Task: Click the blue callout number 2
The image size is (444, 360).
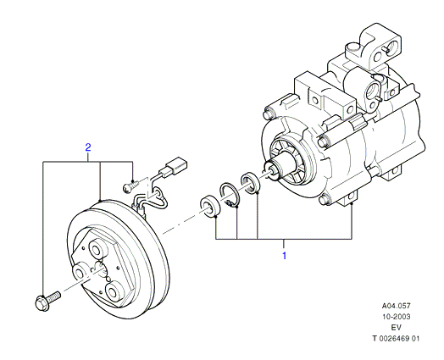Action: [x=88, y=147]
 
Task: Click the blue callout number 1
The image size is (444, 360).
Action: [x=285, y=255]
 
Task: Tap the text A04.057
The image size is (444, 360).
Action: [x=397, y=306]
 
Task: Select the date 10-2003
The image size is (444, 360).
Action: [x=397, y=317]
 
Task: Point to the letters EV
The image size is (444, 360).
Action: [x=397, y=327]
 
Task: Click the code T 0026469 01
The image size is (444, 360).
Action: [x=396, y=338]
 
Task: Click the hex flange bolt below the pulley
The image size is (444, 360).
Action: [x=47, y=302]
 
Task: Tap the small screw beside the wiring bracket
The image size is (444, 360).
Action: [x=130, y=186]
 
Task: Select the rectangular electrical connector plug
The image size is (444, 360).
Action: [x=177, y=165]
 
